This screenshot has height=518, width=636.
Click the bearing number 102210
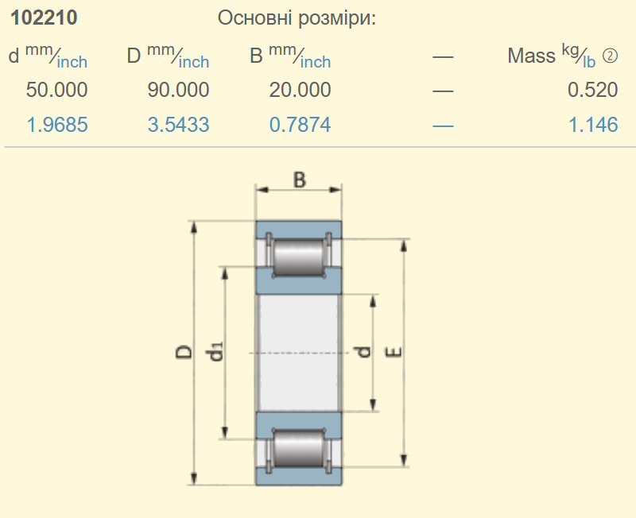click(44, 17)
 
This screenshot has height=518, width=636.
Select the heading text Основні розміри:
click(297, 18)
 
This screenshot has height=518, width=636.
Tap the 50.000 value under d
click(56, 90)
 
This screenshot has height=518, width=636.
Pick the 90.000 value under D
click(178, 90)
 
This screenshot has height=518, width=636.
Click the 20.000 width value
click(301, 90)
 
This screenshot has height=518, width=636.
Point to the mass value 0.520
click(592, 90)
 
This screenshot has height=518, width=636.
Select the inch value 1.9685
click(57, 125)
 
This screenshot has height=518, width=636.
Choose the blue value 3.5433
click(178, 125)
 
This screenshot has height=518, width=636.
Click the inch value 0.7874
click(301, 125)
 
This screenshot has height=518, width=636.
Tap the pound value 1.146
click(593, 125)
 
